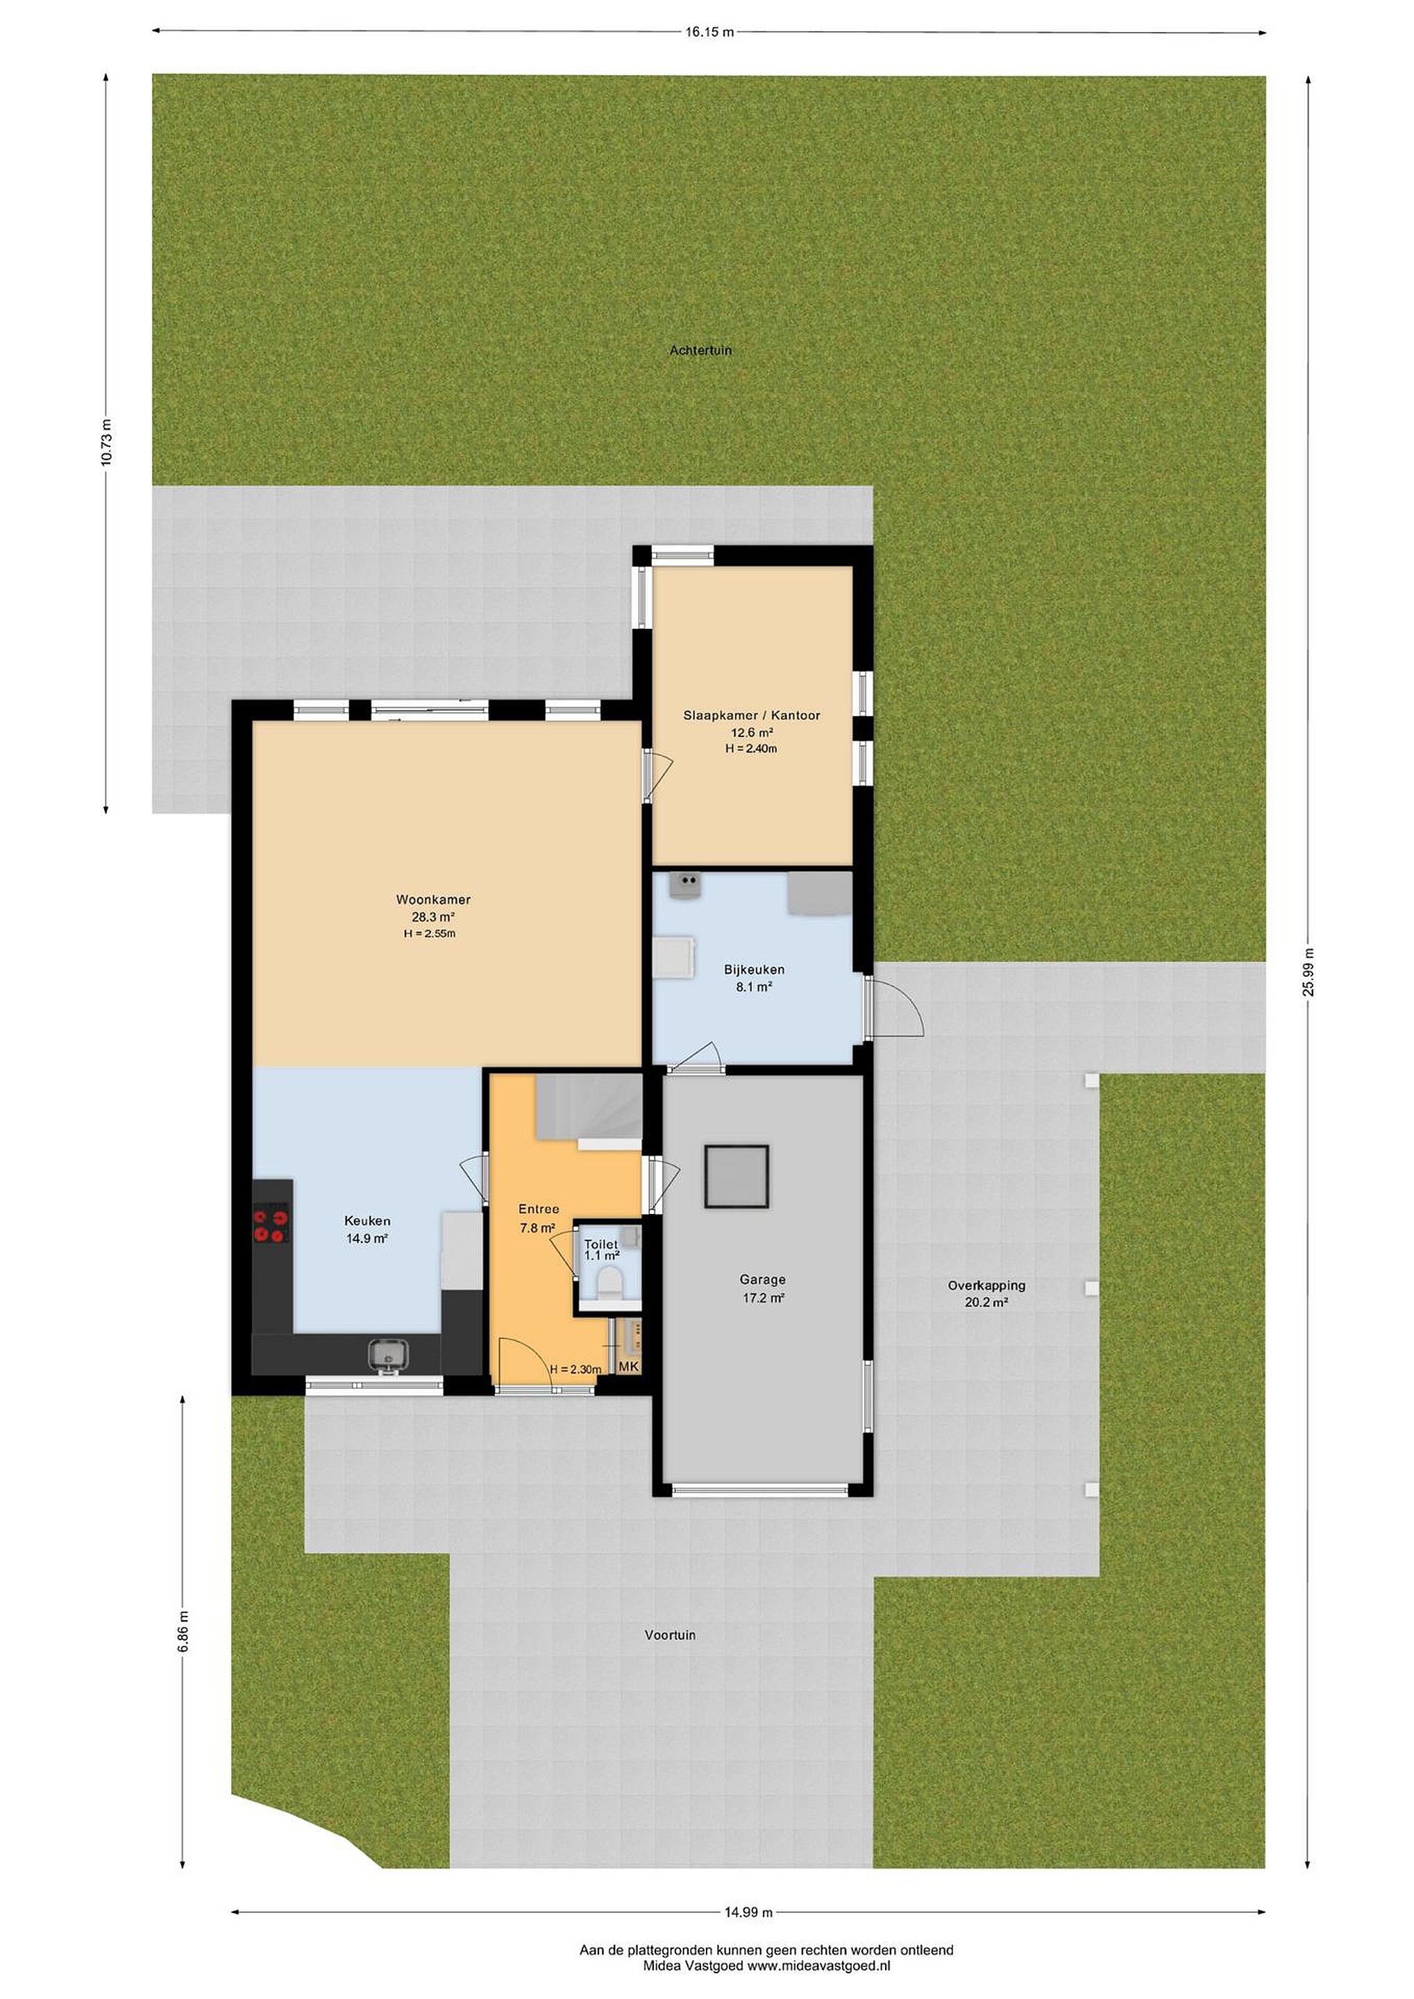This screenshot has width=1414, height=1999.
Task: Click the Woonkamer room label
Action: coord(432,900)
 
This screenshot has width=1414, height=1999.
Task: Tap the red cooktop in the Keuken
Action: coord(271,1222)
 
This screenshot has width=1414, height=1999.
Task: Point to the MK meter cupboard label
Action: coord(629,1367)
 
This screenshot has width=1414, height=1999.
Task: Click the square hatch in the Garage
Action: coord(737,1176)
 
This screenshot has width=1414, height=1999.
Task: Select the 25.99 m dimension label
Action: coord(1308,972)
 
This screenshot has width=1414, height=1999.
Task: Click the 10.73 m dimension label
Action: coord(106,443)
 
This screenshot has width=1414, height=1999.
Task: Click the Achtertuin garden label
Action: coord(701,351)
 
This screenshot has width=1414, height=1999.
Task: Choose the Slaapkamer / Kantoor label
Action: coord(751,716)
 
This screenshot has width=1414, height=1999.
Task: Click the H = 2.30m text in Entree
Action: coord(575,1369)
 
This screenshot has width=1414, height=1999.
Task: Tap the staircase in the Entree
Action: coord(589,1108)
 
